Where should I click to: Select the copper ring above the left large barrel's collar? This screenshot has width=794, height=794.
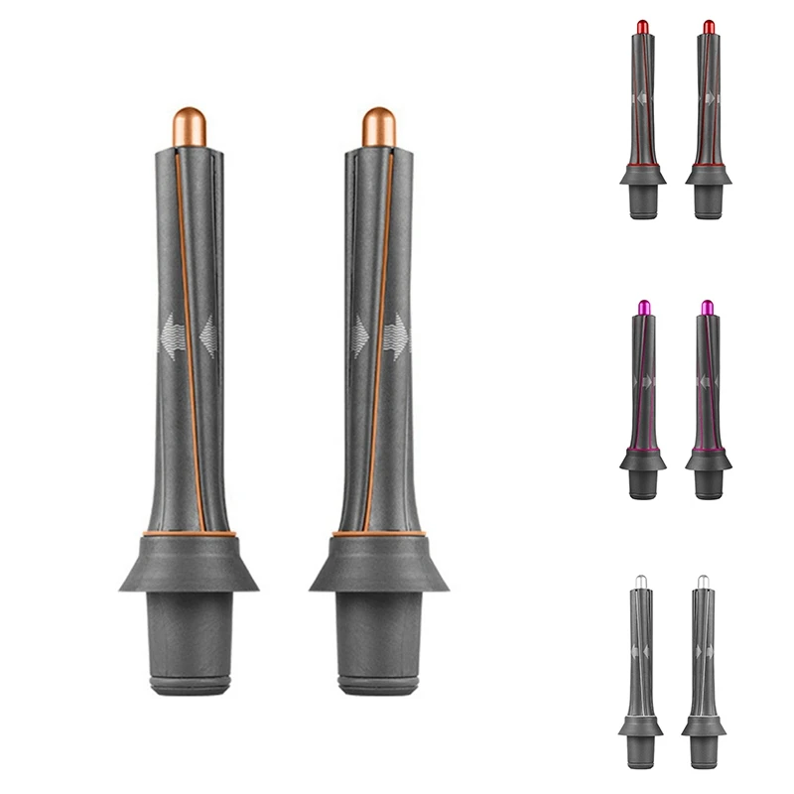click(189, 534)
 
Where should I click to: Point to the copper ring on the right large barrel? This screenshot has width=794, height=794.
click(378, 534)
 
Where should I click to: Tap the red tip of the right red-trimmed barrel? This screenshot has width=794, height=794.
click(709, 26)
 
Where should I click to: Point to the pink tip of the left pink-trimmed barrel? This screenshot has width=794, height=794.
click(642, 308)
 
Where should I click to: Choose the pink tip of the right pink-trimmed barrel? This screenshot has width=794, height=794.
click(708, 308)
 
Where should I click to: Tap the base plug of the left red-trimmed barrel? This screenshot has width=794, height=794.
click(642, 201)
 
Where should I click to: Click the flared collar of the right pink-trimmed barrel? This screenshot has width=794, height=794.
click(708, 460)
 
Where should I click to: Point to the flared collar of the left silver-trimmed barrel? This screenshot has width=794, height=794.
click(640, 728)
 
